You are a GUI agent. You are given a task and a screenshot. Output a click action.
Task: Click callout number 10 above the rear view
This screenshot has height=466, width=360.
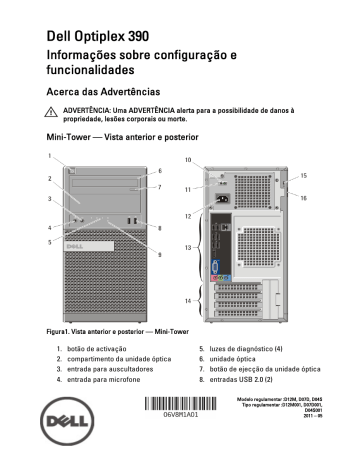coord(187,161)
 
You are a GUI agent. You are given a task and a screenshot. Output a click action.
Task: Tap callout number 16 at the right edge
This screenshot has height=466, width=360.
coord(304,198)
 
